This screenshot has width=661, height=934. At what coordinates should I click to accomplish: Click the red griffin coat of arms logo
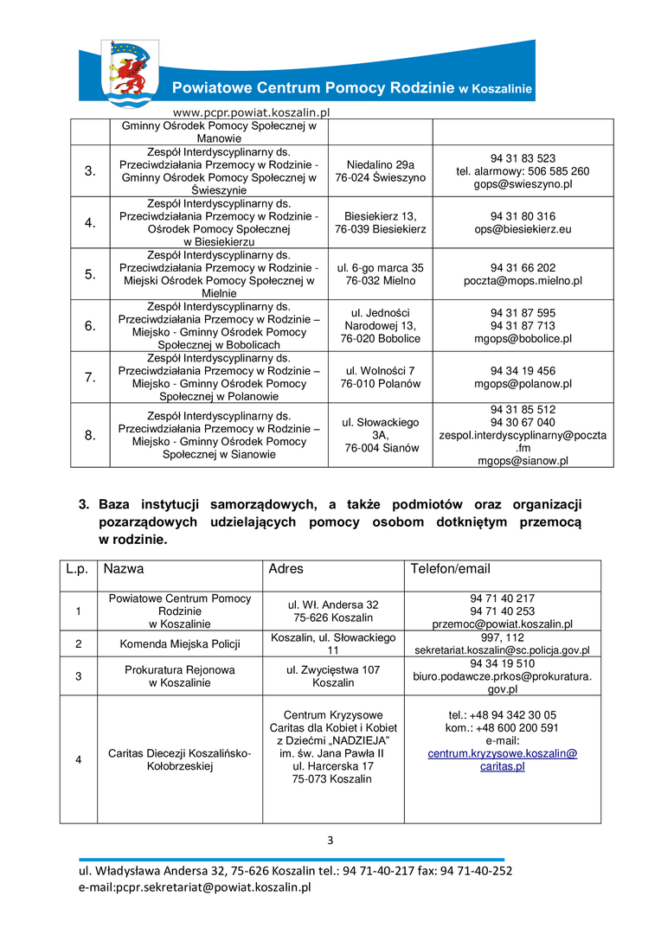[x=130, y=73]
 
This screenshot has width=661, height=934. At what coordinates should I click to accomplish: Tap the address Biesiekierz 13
[x=380, y=216]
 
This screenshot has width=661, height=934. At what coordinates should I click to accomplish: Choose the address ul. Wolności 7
[x=380, y=371]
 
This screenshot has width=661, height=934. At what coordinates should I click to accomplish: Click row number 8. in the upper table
[x=90, y=435]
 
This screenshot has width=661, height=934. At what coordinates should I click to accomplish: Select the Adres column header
[x=286, y=569]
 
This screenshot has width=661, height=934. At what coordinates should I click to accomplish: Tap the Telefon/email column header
[x=450, y=569]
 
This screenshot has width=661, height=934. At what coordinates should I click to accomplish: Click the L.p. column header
[x=78, y=569]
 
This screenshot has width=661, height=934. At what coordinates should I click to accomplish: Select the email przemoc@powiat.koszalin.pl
[x=503, y=624]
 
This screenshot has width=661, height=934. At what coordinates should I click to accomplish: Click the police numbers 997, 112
[x=503, y=637]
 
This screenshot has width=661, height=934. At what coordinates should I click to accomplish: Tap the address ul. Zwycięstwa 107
[x=333, y=669]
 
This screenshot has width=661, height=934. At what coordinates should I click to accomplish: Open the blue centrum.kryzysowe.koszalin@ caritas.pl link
[x=503, y=760]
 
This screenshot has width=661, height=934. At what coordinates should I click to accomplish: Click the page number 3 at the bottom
[x=330, y=840]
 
